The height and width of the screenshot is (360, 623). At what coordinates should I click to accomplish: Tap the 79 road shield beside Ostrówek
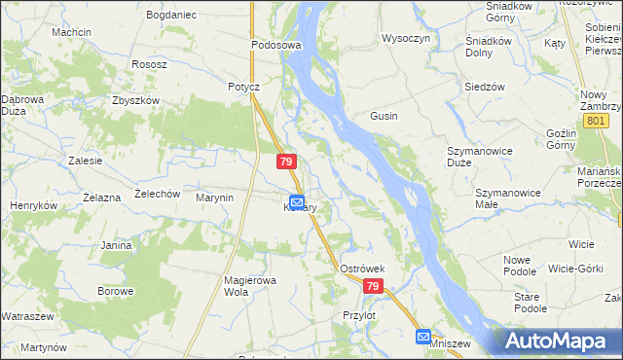click(x=375, y=287)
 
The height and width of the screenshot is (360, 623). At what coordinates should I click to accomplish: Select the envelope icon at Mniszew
click(x=423, y=337)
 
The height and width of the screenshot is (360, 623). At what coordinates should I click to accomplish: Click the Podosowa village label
click(x=276, y=45)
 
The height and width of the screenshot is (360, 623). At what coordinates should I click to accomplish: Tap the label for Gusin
click(x=383, y=116)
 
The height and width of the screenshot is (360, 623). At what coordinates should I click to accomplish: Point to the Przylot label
click(x=359, y=315)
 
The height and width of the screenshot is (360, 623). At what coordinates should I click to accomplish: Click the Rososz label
click(x=151, y=64)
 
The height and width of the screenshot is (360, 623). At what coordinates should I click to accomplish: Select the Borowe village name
click(x=115, y=291)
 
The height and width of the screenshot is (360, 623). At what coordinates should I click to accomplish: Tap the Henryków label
click(x=34, y=205)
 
